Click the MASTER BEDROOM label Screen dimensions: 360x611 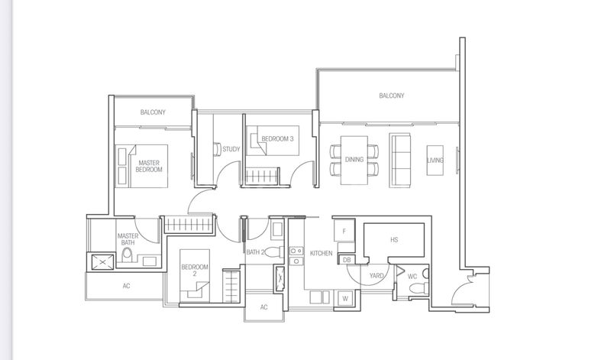click(150, 166)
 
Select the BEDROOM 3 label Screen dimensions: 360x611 click(276, 138)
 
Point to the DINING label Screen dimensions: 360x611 click(354, 160)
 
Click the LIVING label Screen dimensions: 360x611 click(435, 160)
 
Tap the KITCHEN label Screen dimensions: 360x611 click(321, 253)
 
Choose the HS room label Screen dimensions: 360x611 click(393, 240)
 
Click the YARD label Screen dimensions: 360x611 click(377, 275)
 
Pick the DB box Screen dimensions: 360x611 click(347, 260)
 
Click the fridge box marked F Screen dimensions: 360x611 click(344, 230)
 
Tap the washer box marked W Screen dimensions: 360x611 click(345, 298)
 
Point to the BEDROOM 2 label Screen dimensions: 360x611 click(190, 270)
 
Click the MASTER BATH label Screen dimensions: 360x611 click(127, 239)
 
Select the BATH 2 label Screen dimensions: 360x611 click(254, 252)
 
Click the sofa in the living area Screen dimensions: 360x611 click(400, 160)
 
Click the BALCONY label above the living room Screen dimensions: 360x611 click(391, 96)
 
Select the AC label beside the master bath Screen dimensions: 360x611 click(126, 287)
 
